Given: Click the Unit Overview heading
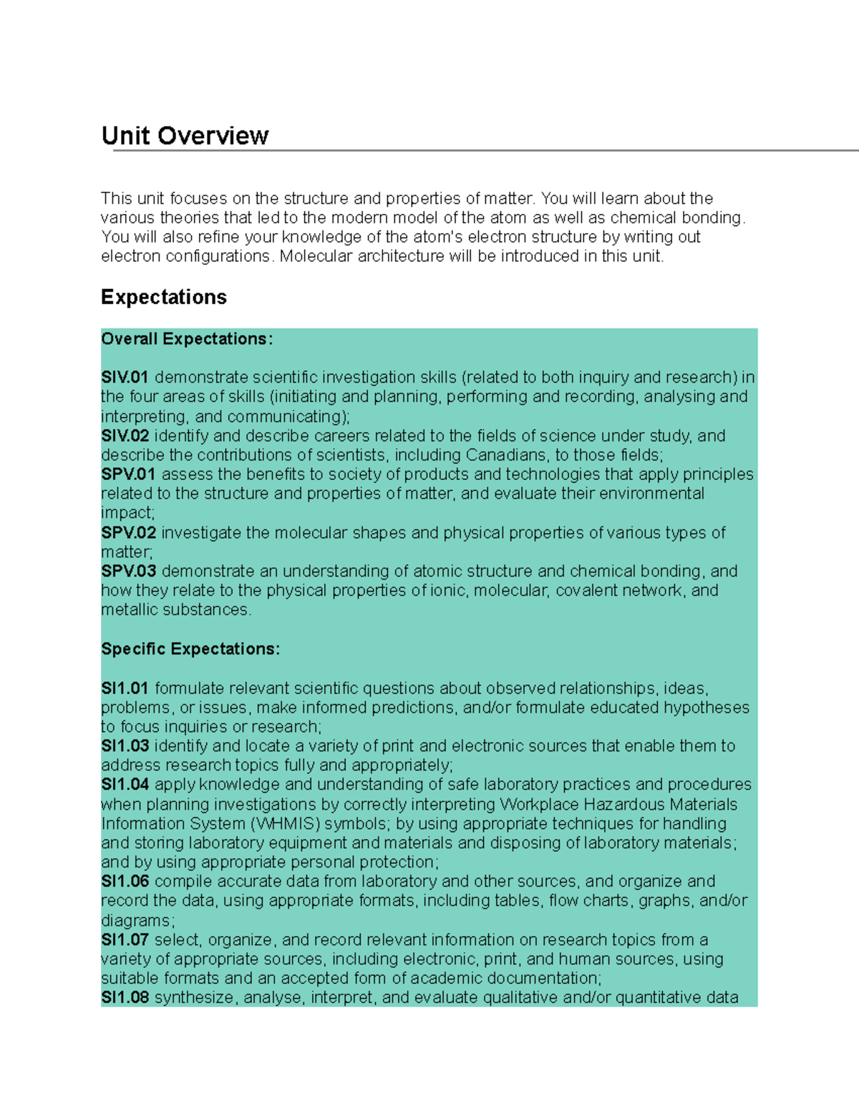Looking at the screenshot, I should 185,135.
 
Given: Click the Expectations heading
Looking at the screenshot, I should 164,297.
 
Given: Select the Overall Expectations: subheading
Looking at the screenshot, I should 187,339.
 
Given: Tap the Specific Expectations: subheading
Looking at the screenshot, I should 190,649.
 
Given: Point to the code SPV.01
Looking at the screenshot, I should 128,474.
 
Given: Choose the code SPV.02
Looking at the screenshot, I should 128,533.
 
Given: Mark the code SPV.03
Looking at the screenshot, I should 128,572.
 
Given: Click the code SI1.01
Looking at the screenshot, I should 125,688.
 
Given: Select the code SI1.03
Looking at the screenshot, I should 125,746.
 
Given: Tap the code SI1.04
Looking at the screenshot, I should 125,785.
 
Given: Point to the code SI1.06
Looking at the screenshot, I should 125,881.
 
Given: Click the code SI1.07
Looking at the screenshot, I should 125,940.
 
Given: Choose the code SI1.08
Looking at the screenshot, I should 125,998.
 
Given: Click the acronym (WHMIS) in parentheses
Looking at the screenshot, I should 288,824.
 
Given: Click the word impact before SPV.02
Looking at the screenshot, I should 126,513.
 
